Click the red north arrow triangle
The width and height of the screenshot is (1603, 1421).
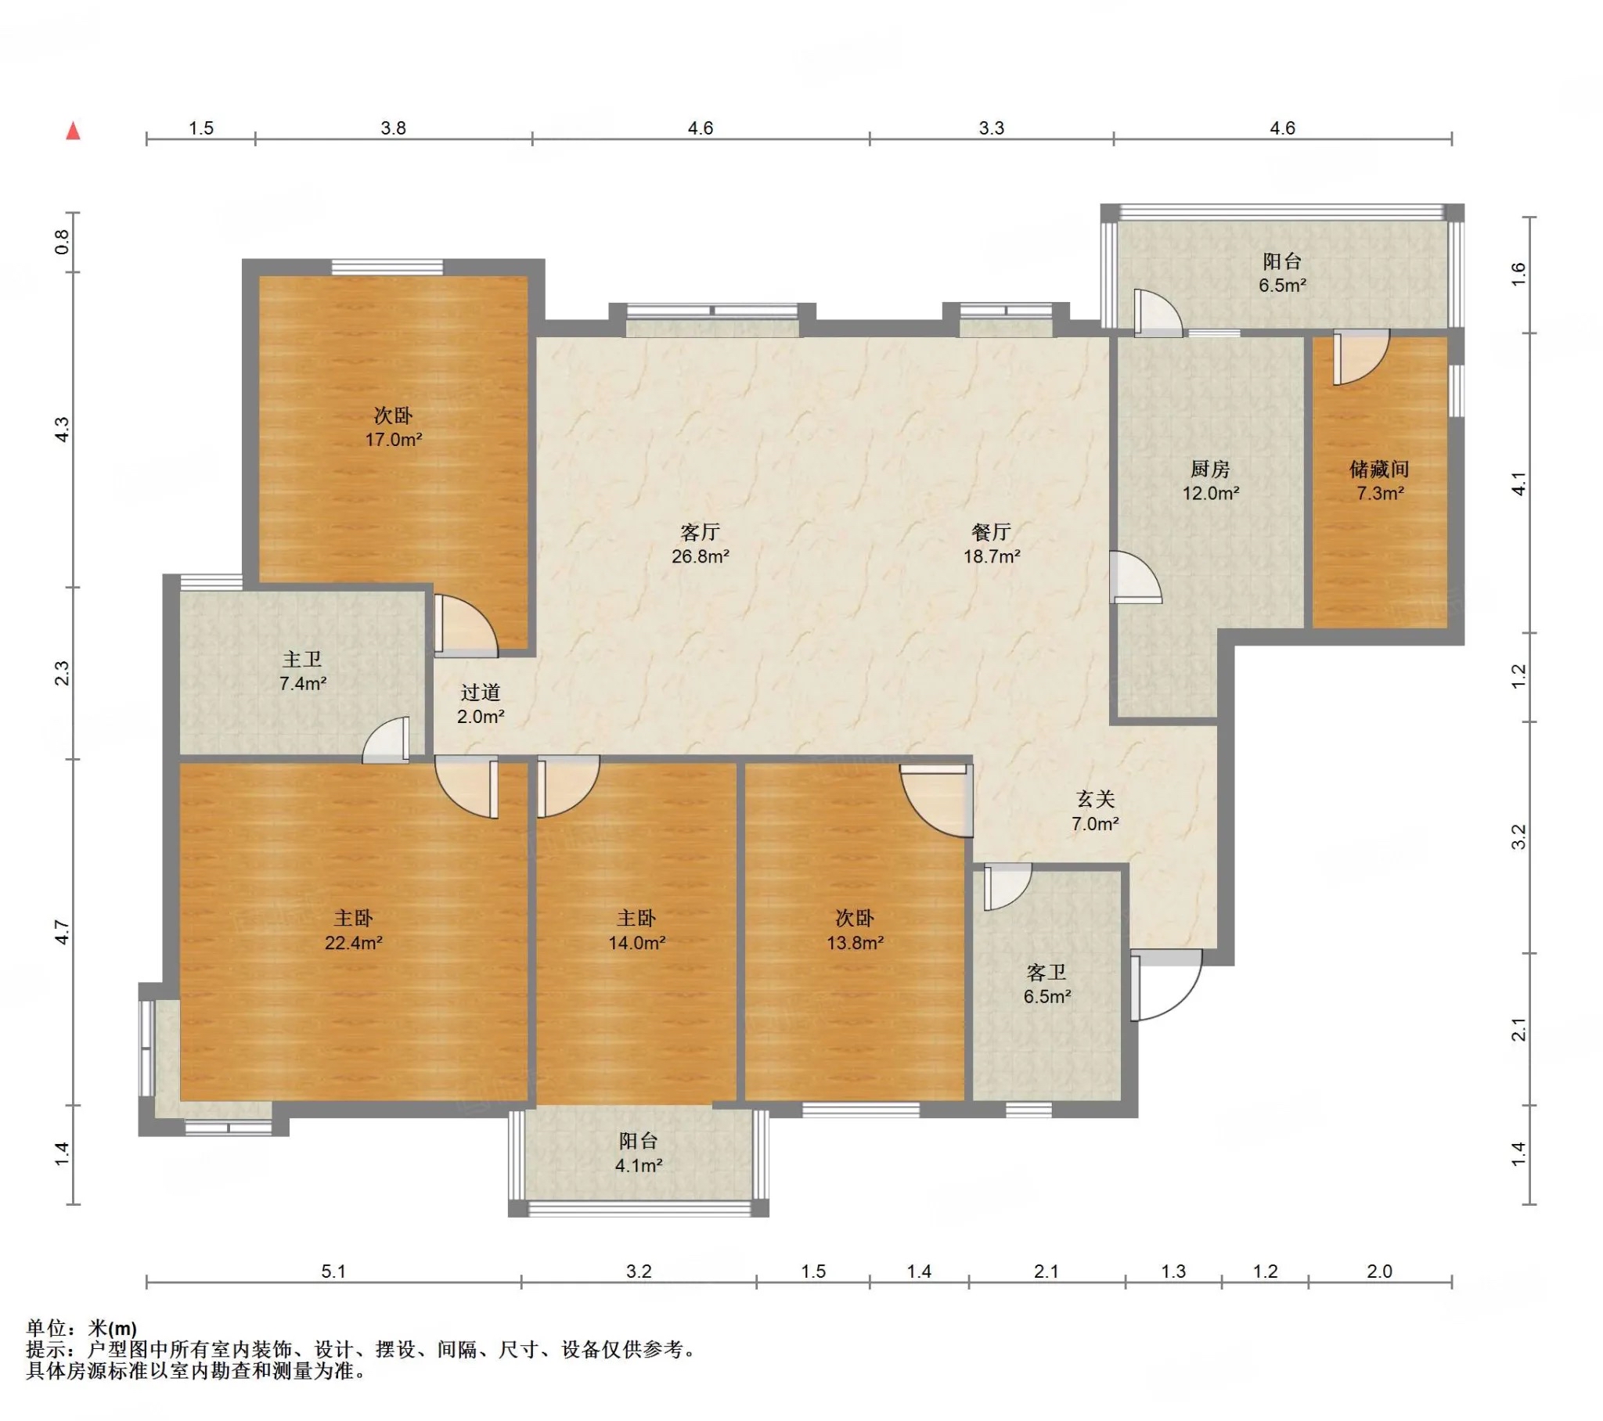pos(73,130)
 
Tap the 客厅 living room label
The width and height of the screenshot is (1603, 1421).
pos(701,532)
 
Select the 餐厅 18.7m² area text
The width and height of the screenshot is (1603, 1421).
pos(991,545)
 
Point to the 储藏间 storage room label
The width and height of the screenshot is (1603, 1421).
pos(1379,469)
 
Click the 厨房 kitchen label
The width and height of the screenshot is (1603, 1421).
pos(1210,469)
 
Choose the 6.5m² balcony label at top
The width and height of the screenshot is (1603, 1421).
pos(1282,274)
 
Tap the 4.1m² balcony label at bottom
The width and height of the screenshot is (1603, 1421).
pos(639,1153)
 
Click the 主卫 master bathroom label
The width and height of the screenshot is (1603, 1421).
pos(302,660)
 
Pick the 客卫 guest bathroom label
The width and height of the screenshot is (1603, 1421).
pos(1047,973)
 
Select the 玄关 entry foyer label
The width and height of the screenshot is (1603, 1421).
pos(1095,799)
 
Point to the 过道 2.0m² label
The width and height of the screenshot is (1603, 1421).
pos(480,704)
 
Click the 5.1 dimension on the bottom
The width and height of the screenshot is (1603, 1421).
pos(333,1272)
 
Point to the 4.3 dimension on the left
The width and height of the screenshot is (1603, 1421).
pos(62,430)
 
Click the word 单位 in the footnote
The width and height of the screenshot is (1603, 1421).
pos(46,1328)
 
